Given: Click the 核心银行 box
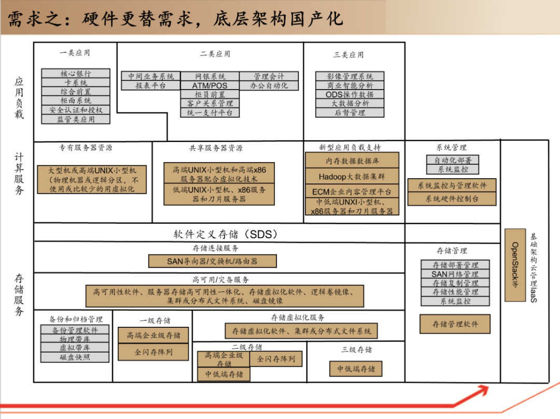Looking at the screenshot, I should [x=76, y=74].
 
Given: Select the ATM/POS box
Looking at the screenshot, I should [x=209, y=85].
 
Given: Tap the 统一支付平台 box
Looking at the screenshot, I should [x=209, y=112].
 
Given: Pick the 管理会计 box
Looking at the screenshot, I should [x=269, y=77].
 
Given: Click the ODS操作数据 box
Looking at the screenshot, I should [x=350, y=95].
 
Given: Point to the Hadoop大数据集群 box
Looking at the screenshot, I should [x=352, y=177].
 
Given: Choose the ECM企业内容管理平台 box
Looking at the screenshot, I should [x=352, y=192].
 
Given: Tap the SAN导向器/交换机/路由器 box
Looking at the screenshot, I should [x=212, y=261].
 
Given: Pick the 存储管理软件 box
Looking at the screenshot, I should [x=455, y=324].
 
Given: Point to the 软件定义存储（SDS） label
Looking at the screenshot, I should [x=226, y=234].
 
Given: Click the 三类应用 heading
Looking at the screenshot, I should [x=348, y=55].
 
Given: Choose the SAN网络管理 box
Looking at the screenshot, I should [x=455, y=274].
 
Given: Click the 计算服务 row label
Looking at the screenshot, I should [x=19, y=174].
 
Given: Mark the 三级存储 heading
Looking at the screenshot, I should [x=356, y=350].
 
